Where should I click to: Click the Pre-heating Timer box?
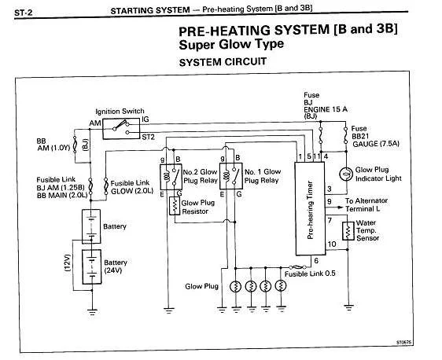click(x=310, y=209)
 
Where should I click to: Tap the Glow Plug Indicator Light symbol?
click(x=346, y=174)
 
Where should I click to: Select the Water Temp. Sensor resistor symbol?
click(x=348, y=231)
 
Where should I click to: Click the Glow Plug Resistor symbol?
click(x=175, y=206)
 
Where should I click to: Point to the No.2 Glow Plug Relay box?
click(x=171, y=177)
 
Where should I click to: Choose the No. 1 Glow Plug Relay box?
click(x=231, y=176)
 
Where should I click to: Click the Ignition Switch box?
click(x=121, y=128)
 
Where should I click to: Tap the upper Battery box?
click(x=91, y=226)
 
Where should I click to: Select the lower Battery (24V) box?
click(x=91, y=266)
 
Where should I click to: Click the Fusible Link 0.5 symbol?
click(x=297, y=267)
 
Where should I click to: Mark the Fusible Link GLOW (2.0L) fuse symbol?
click(x=106, y=186)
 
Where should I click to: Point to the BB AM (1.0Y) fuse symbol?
click(x=75, y=145)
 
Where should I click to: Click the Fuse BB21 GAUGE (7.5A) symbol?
click(x=345, y=136)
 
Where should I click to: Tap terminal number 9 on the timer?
click(x=330, y=202)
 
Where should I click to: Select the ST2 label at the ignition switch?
click(x=149, y=138)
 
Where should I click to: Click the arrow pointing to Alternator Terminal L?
click(x=334, y=208)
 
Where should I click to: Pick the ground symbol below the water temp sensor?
click(x=348, y=307)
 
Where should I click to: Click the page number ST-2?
click(x=23, y=13)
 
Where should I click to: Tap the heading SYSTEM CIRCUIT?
click(x=223, y=61)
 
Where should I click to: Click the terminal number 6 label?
click(x=316, y=260)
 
